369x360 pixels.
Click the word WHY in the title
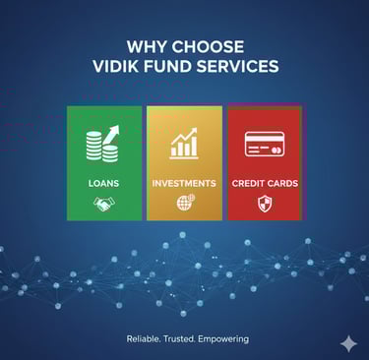[147, 46]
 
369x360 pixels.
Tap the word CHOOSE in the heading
[208, 46]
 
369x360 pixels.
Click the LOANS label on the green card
[103, 183]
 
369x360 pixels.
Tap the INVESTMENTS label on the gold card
[184, 183]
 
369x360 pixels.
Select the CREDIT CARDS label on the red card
[265, 183]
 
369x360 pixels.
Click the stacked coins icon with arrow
[103, 144]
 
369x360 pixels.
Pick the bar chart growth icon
[184, 144]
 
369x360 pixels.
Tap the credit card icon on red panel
[265, 144]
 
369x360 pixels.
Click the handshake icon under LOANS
[104, 204]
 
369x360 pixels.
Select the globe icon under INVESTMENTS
[186, 203]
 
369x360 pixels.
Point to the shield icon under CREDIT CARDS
[265, 204]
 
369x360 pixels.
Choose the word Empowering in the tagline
[223, 339]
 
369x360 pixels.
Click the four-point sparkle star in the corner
[348, 344]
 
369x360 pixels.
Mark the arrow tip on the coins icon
[118, 126]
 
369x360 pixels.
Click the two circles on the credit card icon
[277, 150]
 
